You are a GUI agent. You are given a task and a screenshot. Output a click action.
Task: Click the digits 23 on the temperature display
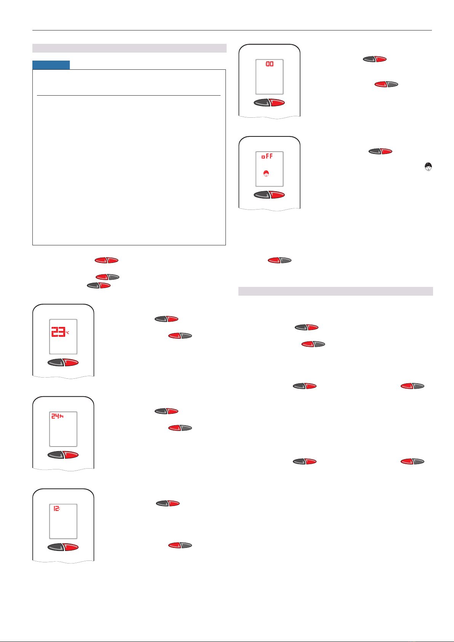pyautogui.click(x=58, y=331)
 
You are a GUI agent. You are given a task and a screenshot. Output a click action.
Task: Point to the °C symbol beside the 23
pyautogui.click(x=67, y=333)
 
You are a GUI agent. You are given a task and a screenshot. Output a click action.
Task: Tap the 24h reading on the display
pyautogui.click(x=57, y=416)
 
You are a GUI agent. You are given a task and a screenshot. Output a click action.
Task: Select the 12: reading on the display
pyautogui.click(x=57, y=508)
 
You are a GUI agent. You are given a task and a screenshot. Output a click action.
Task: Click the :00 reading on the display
pyautogui.click(x=269, y=64)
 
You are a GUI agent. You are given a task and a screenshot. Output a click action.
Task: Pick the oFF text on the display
pyautogui.click(x=267, y=156)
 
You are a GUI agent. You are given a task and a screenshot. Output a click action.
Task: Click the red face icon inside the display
pyautogui.click(x=266, y=173)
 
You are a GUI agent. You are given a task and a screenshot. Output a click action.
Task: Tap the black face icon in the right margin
pyautogui.click(x=428, y=167)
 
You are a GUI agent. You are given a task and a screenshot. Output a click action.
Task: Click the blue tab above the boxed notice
pyautogui.click(x=51, y=65)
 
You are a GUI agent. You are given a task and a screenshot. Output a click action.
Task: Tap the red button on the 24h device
pyautogui.click(x=71, y=455)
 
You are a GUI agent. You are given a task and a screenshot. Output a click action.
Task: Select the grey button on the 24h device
pyautogui.click(x=56, y=455)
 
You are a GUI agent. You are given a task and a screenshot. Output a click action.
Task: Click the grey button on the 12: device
pyautogui.click(x=56, y=547)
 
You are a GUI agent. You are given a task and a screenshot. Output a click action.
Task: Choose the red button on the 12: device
pyautogui.click(x=71, y=547)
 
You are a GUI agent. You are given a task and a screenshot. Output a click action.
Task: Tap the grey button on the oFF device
pyautogui.click(x=262, y=195)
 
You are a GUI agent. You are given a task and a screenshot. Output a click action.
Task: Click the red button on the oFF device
pyautogui.click(x=277, y=195)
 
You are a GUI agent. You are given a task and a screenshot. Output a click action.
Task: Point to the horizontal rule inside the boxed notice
pyautogui.click(x=129, y=95)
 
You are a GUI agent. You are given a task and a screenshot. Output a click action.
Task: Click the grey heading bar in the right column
pyautogui.click(x=336, y=291)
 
